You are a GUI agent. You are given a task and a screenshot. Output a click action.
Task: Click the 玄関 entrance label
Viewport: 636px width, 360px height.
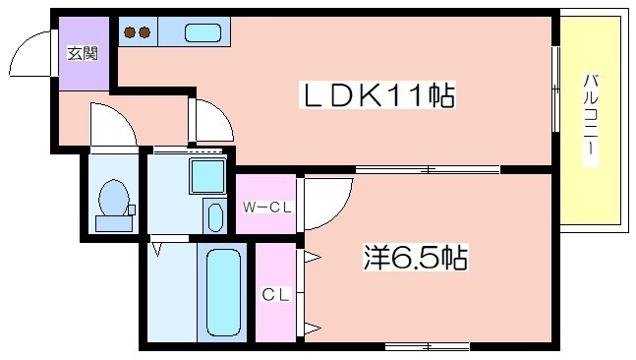click(x=83, y=53)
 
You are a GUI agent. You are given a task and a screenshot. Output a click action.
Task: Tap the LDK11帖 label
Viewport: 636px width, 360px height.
click(x=377, y=95)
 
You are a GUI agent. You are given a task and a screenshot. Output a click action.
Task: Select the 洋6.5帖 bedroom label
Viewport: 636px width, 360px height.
click(x=416, y=258)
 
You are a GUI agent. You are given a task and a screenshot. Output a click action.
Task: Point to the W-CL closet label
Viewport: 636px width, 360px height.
click(x=267, y=208)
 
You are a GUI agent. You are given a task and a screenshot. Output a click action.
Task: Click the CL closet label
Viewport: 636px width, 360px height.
click(x=276, y=294)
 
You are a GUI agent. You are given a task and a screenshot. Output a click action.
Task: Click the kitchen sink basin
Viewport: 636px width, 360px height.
click(x=202, y=32)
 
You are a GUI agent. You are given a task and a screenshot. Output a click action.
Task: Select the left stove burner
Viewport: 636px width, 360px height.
click(x=130, y=32)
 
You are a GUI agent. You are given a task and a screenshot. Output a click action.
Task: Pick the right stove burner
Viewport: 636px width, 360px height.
click(x=145, y=32)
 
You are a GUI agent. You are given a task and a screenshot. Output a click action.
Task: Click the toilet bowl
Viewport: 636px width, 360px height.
click(x=113, y=198)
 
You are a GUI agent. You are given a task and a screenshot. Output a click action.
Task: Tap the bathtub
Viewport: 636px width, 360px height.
click(x=223, y=292)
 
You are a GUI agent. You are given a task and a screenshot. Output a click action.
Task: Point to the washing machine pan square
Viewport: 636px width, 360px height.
click(x=207, y=176)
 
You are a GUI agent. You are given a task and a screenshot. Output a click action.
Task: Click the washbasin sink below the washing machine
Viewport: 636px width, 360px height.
click(x=215, y=217)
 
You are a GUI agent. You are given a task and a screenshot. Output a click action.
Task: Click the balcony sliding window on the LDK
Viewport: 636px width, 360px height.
click(x=555, y=90)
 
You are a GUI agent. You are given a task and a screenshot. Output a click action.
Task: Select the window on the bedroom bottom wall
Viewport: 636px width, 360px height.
click(x=427, y=346)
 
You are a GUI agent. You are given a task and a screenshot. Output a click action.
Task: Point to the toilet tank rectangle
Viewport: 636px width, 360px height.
click(x=114, y=223)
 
